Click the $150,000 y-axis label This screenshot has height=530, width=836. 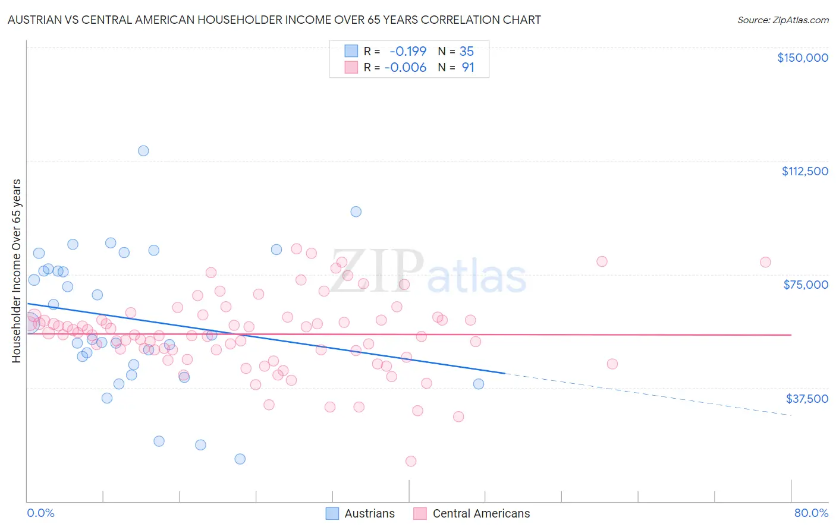point(802,58)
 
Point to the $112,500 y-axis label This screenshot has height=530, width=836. point(804,171)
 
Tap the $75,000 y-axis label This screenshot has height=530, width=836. point(806,285)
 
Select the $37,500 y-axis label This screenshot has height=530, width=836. point(807,399)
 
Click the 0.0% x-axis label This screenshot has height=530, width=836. point(40,513)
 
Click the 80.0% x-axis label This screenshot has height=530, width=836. point(811,513)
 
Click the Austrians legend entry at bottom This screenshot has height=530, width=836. point(360,513)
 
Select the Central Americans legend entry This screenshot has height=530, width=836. point(472,513)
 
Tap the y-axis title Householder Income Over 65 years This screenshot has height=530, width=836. point(16,270)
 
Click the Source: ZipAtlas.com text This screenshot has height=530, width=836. point(782,20)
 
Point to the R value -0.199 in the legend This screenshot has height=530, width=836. point(408,51)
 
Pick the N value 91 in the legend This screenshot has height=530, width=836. point(468,67)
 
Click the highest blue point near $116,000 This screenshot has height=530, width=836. point(143,151)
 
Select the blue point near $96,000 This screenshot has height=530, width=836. point(356,212)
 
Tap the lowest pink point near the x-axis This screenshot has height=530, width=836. point(410,461)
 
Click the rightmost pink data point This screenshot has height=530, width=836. point(765,262)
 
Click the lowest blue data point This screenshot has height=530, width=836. point(240,459)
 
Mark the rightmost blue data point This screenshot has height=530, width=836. point(479,384)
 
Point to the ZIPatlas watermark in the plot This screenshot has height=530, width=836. point(428,272)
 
